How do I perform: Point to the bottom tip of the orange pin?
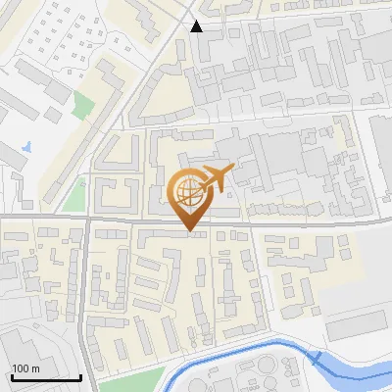pyautogui.click(x=188, y=231)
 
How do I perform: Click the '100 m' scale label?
pyautogui.click(x=24, y=368)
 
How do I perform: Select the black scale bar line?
pyautogui.click(x=46, y=377)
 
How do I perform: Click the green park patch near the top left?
pyautogui.click(x=85, y=103)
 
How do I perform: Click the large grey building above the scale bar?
pyautogui.click(x=29, y=348)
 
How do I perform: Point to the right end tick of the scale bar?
pyautogui.click(x=80, y=375)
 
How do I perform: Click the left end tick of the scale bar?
pyautogui.click(x=11, y=375)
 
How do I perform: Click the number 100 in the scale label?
pyautogui.click(x=20, y=368)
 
